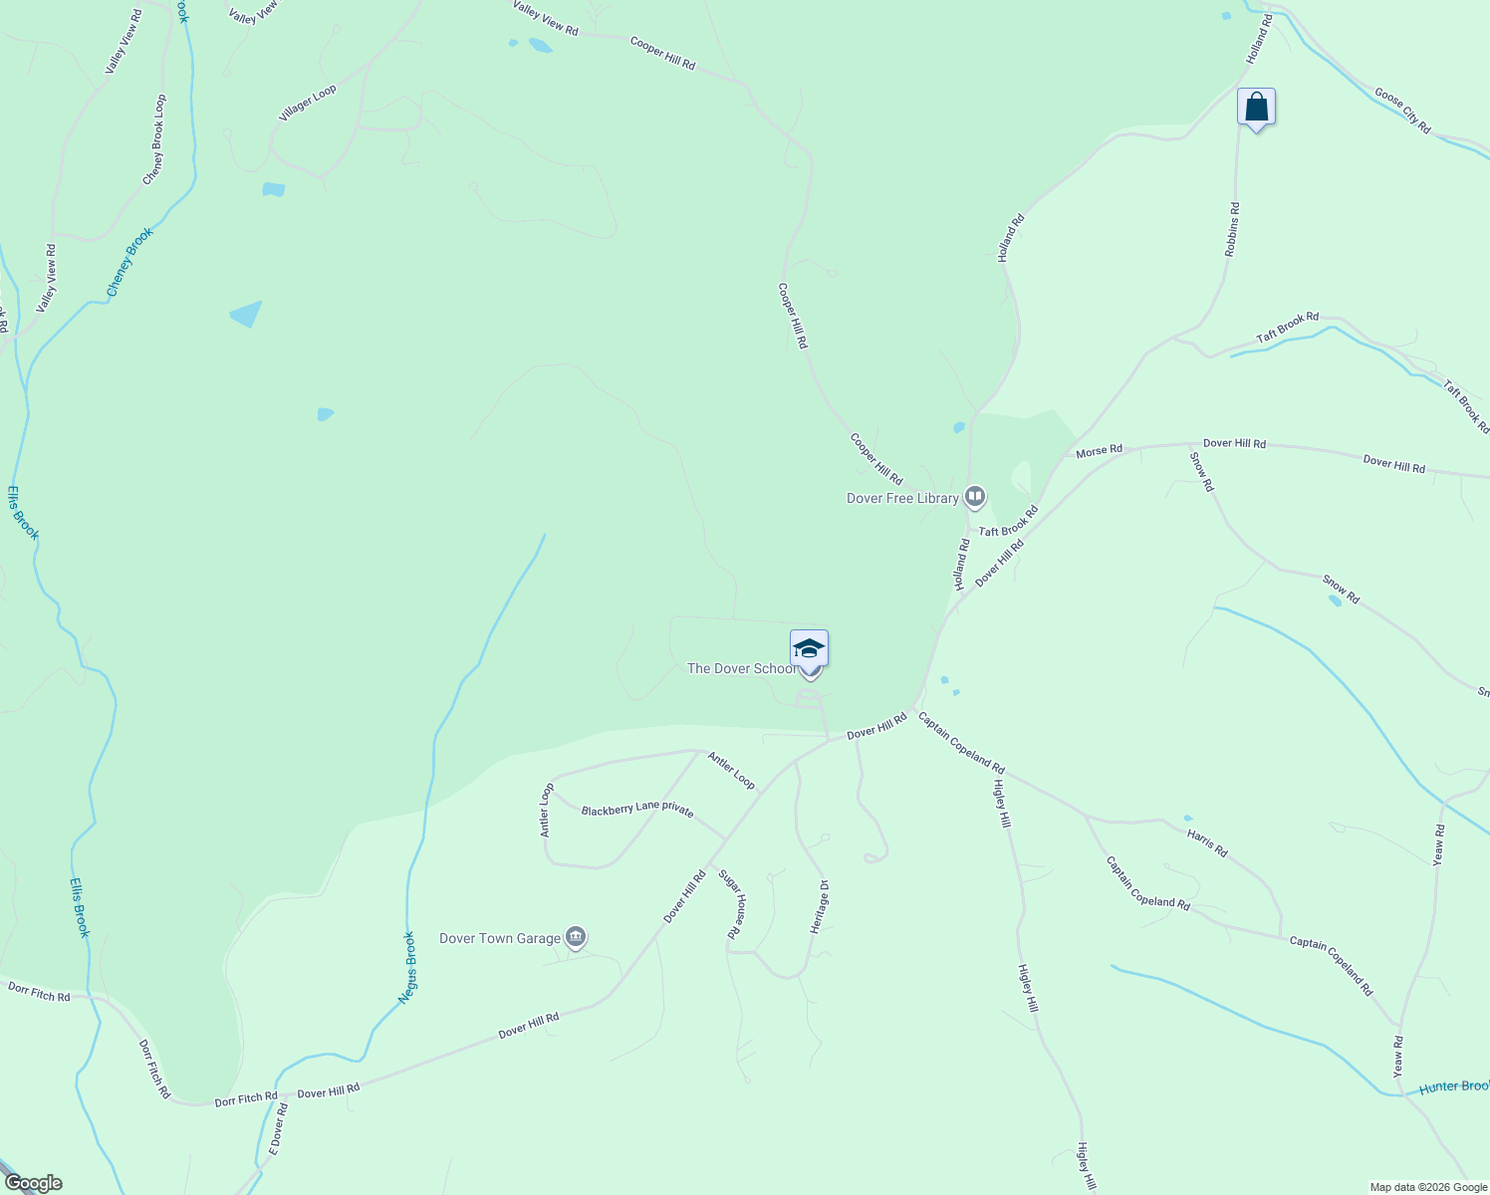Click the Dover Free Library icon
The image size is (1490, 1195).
click(975, 496)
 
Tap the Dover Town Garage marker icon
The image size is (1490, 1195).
click(576, 937)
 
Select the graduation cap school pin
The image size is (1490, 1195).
click(809, 648)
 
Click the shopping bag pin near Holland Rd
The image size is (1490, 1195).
click(1256, 107)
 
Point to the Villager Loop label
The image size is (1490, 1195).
click(308, 104)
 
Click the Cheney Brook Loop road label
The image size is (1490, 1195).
click(154, 139)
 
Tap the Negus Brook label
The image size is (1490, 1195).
click(407, 967)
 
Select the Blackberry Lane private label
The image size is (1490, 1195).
click(637, 810)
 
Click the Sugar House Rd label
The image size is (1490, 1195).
click(733, 904)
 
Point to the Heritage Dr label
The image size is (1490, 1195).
click(820, 906)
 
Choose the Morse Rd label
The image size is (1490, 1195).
click(1099, 451)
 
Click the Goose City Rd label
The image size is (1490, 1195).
click(1402, 111)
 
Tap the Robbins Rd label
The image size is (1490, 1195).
click(1232, 230)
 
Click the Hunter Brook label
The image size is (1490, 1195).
click(1454, 1086)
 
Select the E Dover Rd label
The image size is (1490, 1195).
click(278, 1129)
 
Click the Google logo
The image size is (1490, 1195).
click(33, 1183)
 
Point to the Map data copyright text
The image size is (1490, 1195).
click(1428, 1187)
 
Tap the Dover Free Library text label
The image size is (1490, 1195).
click(902, 498)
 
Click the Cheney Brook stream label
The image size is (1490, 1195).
click(130, 262)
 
